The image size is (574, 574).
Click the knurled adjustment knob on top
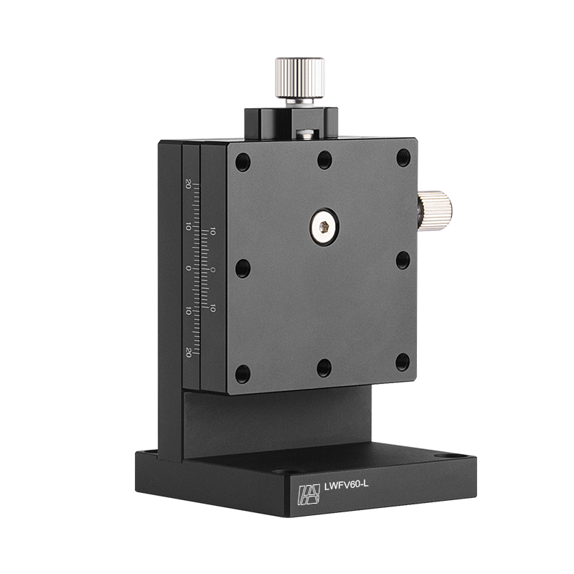299,77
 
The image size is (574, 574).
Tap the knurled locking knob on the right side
435,210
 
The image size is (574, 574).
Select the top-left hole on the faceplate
243,161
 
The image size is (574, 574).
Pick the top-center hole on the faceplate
325,159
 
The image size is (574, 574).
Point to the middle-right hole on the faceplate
403,260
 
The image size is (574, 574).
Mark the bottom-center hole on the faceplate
324,368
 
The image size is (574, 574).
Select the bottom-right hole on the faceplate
403,362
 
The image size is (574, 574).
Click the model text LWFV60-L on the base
347,485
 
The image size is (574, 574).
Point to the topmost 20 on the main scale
188,183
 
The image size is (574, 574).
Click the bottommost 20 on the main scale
189,352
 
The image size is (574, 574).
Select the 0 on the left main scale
188,268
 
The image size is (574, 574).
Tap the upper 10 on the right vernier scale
213,232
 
